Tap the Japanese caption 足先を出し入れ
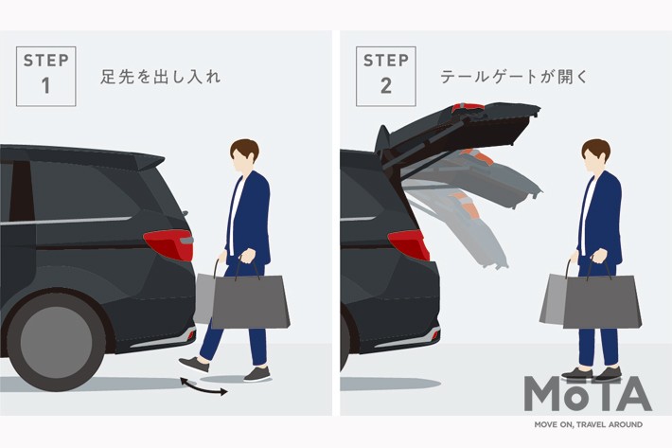161,77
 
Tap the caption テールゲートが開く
513,77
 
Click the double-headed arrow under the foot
203,386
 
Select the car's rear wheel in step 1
56,342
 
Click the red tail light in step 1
169,244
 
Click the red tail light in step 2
409,244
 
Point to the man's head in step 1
244,155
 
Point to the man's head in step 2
595,155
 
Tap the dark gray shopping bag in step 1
251,301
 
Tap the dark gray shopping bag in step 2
602,301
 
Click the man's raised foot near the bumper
194,365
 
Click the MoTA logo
588,394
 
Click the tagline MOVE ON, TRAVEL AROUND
588,425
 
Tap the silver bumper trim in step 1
163,339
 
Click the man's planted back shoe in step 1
257,374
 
